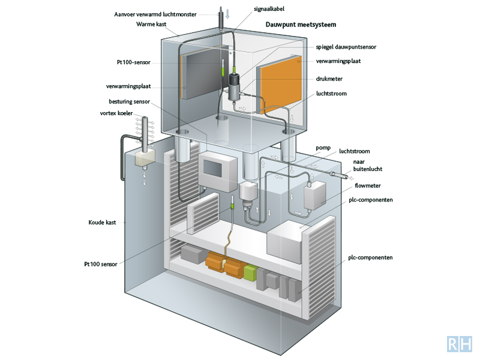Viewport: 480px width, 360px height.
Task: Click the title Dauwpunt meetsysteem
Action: (x=301, y=25)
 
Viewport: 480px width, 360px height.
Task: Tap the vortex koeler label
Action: (x=116, y=113)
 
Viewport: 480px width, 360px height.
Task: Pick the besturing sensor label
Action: (x=130, y=101)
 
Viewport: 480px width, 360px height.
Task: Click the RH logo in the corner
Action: (x=459, y=344)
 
